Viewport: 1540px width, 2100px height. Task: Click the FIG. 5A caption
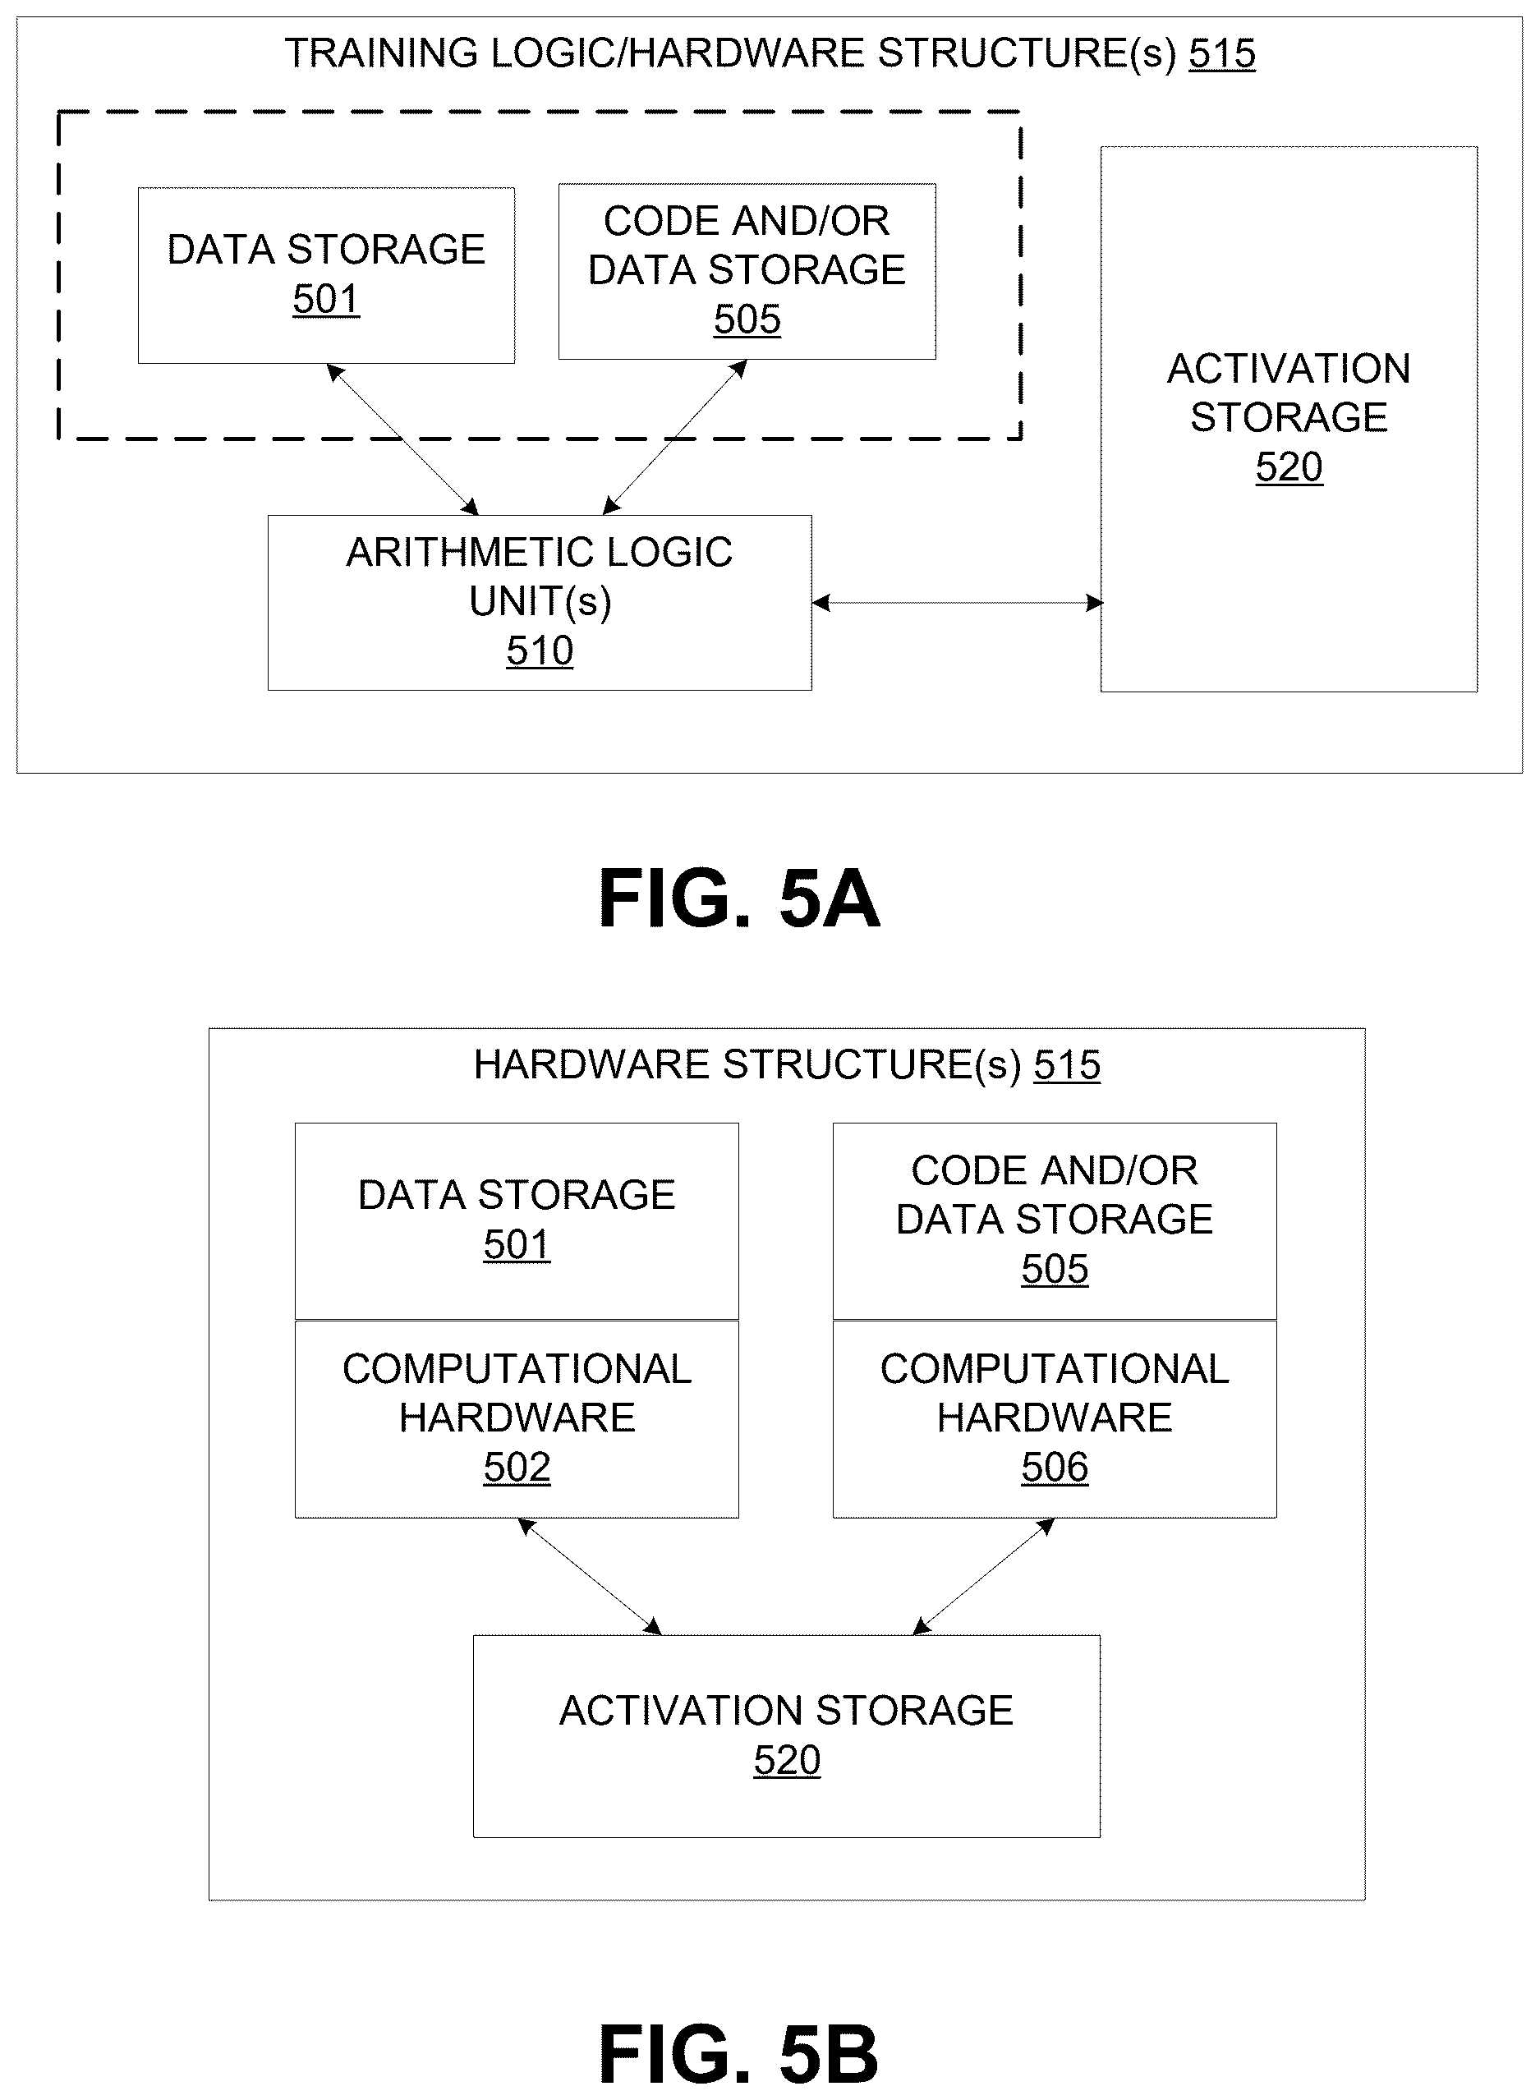point(738,898)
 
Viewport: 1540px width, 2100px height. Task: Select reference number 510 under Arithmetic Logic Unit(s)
point(540,650)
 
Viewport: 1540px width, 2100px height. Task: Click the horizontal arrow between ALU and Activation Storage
point(958,603)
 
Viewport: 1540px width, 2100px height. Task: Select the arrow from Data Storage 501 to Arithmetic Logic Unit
point(402,439)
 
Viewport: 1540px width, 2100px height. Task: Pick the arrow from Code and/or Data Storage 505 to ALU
point(675,436)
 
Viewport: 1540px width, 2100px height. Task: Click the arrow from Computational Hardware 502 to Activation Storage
point(589,1576)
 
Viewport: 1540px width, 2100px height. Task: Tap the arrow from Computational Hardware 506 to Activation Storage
point(983,1576)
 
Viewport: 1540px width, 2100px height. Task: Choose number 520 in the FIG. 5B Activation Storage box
point(787,1760)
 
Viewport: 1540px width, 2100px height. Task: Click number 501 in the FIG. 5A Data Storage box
point(326,299)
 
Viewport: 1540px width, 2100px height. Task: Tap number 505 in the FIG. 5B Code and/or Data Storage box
point(1055,1269)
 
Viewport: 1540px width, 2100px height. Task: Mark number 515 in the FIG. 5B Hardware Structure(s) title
point(1068,1064)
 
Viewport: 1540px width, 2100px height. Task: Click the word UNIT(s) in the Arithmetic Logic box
point(540,602)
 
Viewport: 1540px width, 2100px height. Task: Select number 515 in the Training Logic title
point(1222,53)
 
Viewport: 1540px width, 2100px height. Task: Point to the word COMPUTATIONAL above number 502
point(517,1369)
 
